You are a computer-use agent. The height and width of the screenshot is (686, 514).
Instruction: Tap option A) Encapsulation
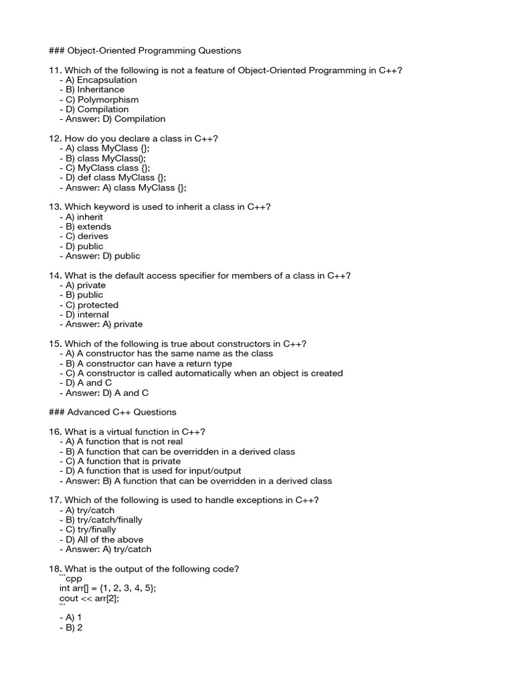(x=101, y=80)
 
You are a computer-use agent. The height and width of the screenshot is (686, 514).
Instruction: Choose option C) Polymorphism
(x=102, y=99)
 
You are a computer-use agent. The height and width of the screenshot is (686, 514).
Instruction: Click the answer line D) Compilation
(x=115, y=119)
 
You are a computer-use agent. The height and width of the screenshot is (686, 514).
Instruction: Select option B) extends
(x=88, y=226)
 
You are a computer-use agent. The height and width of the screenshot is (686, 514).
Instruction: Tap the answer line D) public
(x=103, y=256)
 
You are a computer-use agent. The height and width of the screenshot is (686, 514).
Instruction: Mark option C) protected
(x=92, y=305)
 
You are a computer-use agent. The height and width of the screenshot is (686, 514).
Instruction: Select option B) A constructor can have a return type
(x=149, y=363)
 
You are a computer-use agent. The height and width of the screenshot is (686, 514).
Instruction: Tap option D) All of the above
(x=104, y=539)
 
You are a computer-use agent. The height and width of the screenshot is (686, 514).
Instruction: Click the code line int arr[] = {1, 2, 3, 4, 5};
(x=108, y=588)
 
